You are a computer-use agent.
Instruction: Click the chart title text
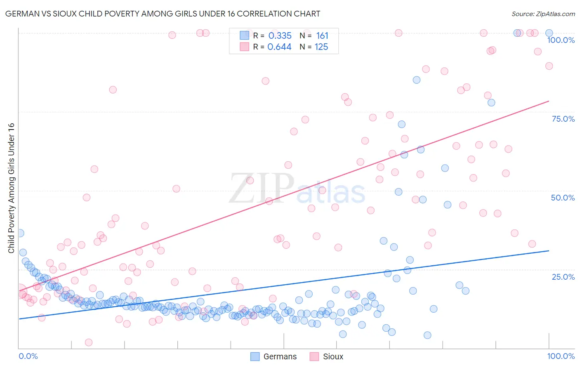[163, 14]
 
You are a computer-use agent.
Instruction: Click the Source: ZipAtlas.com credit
[543, 14]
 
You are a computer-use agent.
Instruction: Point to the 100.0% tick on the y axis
[561, 40]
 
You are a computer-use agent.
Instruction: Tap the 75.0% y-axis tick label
[563, 119]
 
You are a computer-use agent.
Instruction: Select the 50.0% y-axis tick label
[563, 198]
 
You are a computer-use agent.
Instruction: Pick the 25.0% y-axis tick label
[563, 276]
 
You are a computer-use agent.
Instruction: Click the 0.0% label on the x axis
[28, 356]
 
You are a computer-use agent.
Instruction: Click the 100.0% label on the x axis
[561, 356]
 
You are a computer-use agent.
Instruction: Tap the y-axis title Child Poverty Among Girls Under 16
[11, 188]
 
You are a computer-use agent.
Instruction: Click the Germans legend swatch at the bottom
[255, 356]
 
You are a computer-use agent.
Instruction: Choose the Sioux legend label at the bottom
[333, 356]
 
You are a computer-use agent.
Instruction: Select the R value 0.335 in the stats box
[280, 36]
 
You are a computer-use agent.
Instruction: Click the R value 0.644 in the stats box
[279, 47]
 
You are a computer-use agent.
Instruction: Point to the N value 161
[322, 36]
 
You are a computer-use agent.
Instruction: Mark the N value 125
[321, 47]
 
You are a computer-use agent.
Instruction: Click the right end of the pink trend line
[549, 101]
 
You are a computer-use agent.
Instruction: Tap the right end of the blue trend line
[549, 250]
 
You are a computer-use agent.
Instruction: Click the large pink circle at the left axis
[19, 291]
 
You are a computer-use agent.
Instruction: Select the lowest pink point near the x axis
[88, 342]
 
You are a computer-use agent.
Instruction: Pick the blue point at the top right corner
[549, 33]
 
